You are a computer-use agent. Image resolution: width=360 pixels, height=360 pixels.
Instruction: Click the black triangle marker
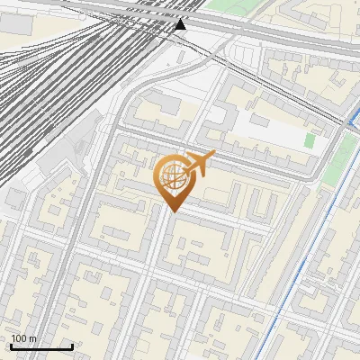point(180,24)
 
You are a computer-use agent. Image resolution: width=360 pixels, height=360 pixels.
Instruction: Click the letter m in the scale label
point(33,338)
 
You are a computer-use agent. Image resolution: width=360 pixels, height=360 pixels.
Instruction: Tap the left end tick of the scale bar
point(11,346)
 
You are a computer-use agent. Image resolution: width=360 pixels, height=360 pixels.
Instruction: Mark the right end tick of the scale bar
point(72,346)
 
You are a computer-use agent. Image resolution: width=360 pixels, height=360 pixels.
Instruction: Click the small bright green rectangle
point(310,140)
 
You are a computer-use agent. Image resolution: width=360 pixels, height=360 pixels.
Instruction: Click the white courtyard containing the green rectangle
point(279,135)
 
